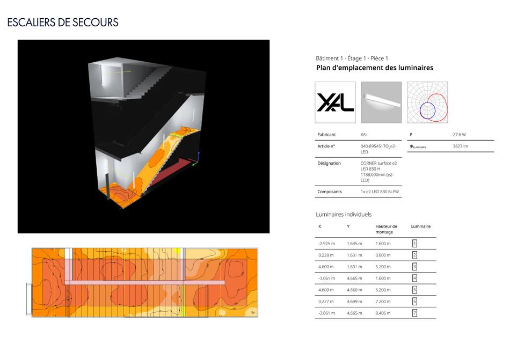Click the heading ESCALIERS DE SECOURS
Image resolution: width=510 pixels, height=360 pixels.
point(63,23)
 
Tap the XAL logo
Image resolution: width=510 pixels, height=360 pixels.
point(335,102)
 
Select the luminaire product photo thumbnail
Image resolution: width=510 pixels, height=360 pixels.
point(381,102)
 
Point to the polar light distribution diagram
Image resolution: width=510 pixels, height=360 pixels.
point(427,102)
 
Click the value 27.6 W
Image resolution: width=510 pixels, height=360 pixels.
point(460,135)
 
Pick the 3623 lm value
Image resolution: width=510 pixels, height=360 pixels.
point(461,146)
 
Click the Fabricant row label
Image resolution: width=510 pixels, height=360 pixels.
point(327,135)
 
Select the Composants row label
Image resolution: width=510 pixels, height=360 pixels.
point(330,192)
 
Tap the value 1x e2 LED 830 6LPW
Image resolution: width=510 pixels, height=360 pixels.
point(379,192)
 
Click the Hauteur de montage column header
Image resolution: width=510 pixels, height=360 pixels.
point(387,229)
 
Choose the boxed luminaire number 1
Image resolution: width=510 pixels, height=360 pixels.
point(414,244)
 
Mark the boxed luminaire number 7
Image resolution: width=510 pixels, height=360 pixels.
point(414,313)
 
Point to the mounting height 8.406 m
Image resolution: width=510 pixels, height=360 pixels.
point(383,313)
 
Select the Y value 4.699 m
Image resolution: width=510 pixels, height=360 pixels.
point(354,302)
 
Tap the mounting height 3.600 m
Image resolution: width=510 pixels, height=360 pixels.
point(383,255)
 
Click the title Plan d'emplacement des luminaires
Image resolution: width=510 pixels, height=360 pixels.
point(375,68)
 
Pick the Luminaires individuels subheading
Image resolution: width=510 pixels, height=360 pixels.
point(344,215)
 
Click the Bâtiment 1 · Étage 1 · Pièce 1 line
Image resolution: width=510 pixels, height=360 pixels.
point(352,58)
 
